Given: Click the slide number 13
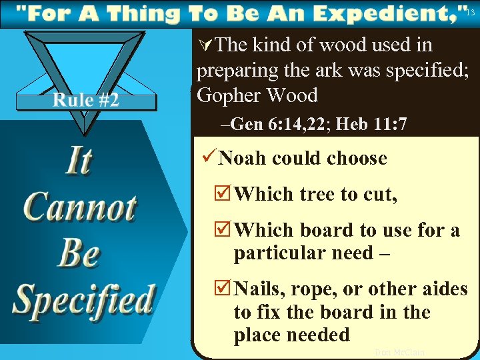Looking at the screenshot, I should [471, 13].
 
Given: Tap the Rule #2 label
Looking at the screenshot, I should [86, 101].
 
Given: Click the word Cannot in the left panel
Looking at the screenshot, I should [80, 207].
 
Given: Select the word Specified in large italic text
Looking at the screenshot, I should [84, 299].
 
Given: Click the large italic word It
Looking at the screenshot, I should [78, 161].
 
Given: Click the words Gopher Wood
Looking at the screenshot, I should [257, 95].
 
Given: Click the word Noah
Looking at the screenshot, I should [243, 159].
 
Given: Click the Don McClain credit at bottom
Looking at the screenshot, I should [399, 352].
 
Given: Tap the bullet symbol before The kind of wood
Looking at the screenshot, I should [205, 46].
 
